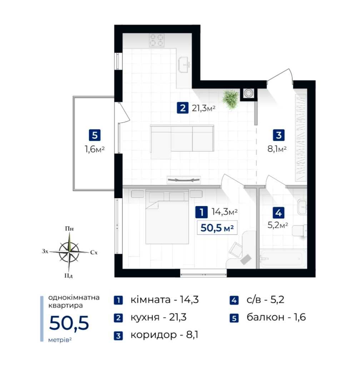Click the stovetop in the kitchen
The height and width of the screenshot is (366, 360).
[157, 40]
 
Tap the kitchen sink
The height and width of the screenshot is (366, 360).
[184, 65]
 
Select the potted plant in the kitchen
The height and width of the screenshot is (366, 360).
[231, 99]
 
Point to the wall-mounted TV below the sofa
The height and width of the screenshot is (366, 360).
[184, 180]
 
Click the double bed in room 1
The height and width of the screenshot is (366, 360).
[167, 217]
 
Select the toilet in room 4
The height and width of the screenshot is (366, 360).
[299, 231]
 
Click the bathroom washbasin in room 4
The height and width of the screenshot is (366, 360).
[302, 207]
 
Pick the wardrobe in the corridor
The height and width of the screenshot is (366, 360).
[301, 138]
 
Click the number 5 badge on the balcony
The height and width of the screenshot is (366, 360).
[95, 135]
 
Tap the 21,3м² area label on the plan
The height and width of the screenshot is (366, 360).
[203, 108]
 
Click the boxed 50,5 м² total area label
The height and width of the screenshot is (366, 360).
[217, 227]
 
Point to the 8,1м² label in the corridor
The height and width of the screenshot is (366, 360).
[277, 149]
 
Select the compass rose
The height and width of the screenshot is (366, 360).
[69, 252]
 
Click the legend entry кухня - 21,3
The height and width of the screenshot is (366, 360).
[159, 317]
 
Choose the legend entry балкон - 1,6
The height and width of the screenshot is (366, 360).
[276, 317]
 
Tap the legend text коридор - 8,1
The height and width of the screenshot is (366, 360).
[164, 335]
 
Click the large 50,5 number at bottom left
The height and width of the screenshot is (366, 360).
[69, 323]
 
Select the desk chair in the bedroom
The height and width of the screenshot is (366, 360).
[236, 249]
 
